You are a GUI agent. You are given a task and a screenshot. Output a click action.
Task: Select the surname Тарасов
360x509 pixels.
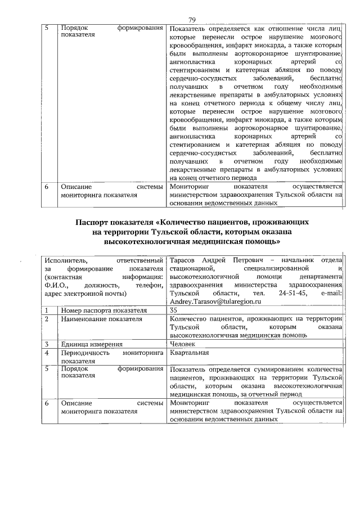183,259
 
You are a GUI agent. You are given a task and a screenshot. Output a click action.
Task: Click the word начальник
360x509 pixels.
298,259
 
